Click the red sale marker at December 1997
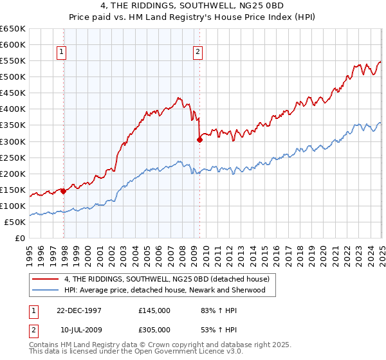pyautogui.click(x=64, y=191)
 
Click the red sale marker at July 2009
pyautogui.click(x=199, y=139)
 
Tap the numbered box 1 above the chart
pyautogui.click(x=61, y=53)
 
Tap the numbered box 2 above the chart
pyautogui.click(x=197, y=53)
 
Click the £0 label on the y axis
pyautogui.click(x=19, y=238)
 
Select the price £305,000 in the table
pyautogui.click(x=154, y=330)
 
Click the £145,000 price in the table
pyautogui.click(x=154, y=310)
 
